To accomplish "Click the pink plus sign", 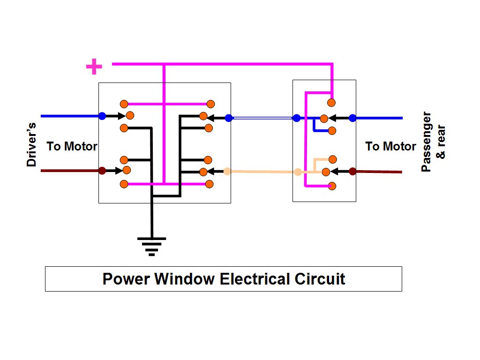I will (x=94, y=67).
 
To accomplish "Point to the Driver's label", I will (x=31, y=145).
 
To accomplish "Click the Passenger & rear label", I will (x=433, y=142).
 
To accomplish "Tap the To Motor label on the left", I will (x=72, y=146).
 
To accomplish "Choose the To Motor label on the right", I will (x=390, y=146).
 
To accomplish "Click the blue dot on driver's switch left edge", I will (x=102, y=116).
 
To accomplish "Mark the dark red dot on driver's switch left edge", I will (x=102, y=171).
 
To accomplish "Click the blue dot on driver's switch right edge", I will (x=229, y=118).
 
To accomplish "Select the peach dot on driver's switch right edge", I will (x=227, y=172).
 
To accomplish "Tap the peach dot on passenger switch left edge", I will (x=298, y=172).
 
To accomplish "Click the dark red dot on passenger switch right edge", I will (x=352, y=172).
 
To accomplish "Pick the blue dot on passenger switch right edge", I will (x=352, y=118).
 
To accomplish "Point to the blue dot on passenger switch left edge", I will (x=296, y=118).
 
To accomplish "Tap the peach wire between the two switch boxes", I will (x=262, y=172).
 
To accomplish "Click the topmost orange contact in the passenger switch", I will (x=331, y=103).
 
